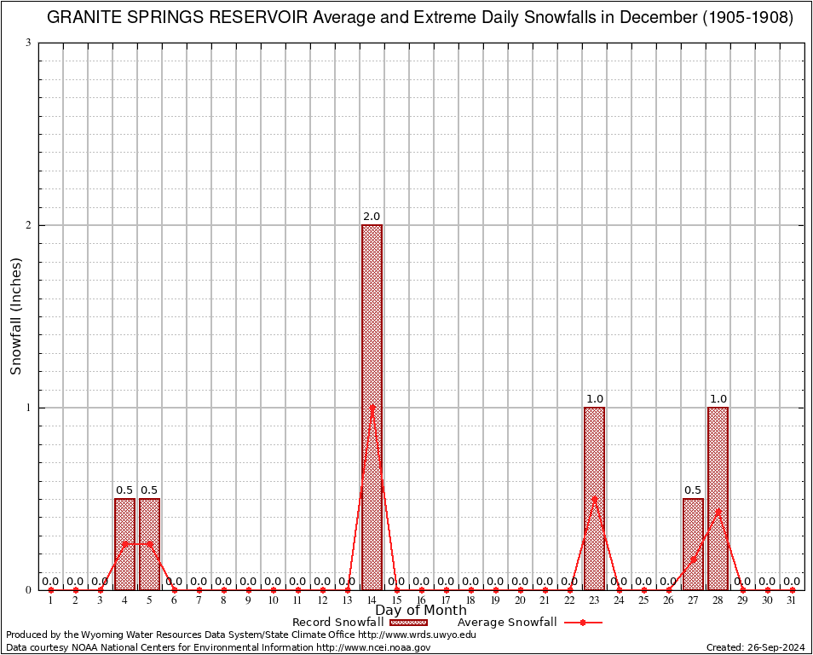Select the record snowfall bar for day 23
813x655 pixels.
tap(594, 499)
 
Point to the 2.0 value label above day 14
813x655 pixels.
tap(372, 217)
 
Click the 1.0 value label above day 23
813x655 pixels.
tap(594, 399)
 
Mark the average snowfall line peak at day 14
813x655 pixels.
tap(372, 408)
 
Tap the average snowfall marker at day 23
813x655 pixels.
tap(594, 499)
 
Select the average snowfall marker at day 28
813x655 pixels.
tap(718, 512)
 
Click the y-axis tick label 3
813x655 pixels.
tap(29, 43)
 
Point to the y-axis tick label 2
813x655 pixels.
tap(29, 225)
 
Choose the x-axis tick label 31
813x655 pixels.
tap(792, 601)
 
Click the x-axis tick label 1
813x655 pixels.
tap(50, 601)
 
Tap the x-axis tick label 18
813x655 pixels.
tap(470, 601)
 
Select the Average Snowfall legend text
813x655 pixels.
tap(506, 623)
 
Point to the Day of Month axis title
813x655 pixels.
tap(421, 611)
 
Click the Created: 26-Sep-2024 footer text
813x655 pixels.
tap(756, 648)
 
